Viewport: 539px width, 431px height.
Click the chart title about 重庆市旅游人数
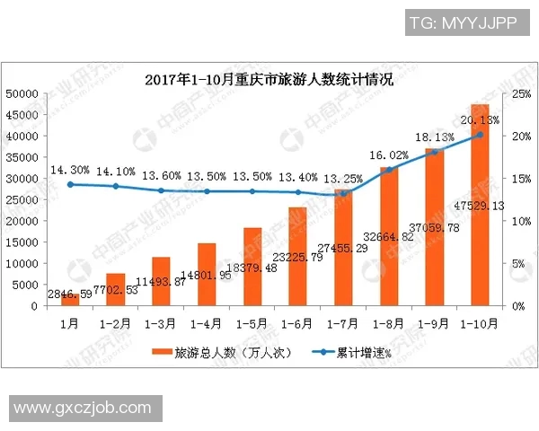click(269, 79)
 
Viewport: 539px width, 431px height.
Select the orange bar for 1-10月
click(480, 207)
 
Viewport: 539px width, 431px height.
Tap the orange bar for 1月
click(70, 299)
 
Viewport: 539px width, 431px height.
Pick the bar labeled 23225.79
click(297, 257)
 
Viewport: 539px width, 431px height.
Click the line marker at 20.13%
click(480, 135)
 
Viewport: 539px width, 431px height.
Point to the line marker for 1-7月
click(343, 194)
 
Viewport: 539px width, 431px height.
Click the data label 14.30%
click(70, 170)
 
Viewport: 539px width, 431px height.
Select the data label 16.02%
click(388, 154)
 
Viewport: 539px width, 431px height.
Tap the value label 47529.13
click(478, 206)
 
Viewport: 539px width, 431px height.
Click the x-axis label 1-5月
click(252, 321)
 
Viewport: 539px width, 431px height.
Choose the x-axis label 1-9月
click(434, 321)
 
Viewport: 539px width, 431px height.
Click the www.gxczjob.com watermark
click(84, 409)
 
